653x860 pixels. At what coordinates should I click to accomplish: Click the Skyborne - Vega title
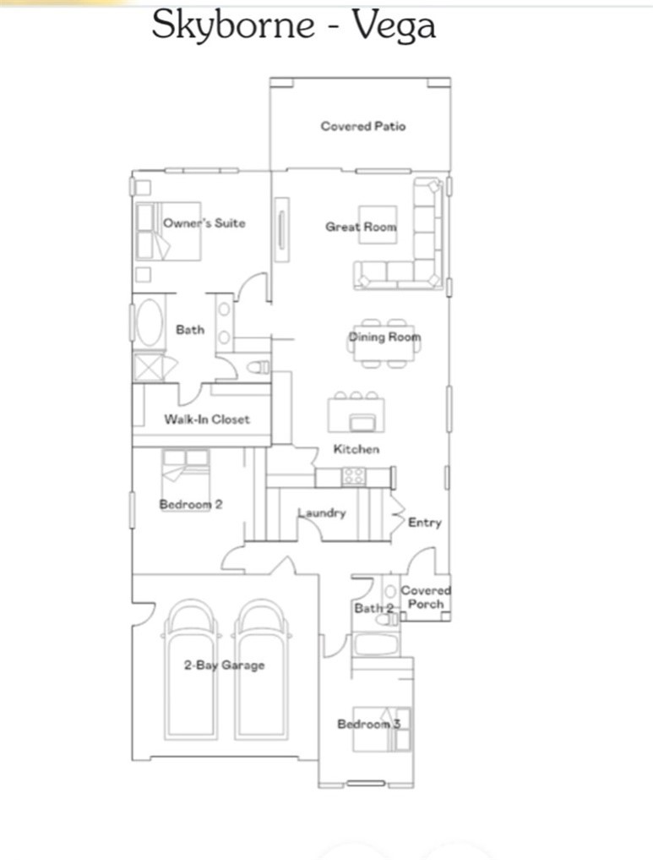pos(293,26)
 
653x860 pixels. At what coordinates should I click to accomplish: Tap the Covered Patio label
pos(362,126)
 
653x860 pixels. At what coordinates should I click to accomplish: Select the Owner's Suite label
pos(204,223)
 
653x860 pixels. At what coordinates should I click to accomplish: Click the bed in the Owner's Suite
pos(169,232)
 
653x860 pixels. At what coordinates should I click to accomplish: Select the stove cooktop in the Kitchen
pos(353,476)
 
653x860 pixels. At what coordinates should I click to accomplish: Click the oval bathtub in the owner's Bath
pos(150,322)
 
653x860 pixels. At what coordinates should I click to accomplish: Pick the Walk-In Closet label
pos(207,419)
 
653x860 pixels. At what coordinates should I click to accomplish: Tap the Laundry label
pos(321,513)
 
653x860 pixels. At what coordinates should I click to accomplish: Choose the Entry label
pos(424,523)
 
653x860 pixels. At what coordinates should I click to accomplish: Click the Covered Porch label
pos(425,597)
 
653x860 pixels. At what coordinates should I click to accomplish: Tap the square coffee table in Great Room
pos(377,225)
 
